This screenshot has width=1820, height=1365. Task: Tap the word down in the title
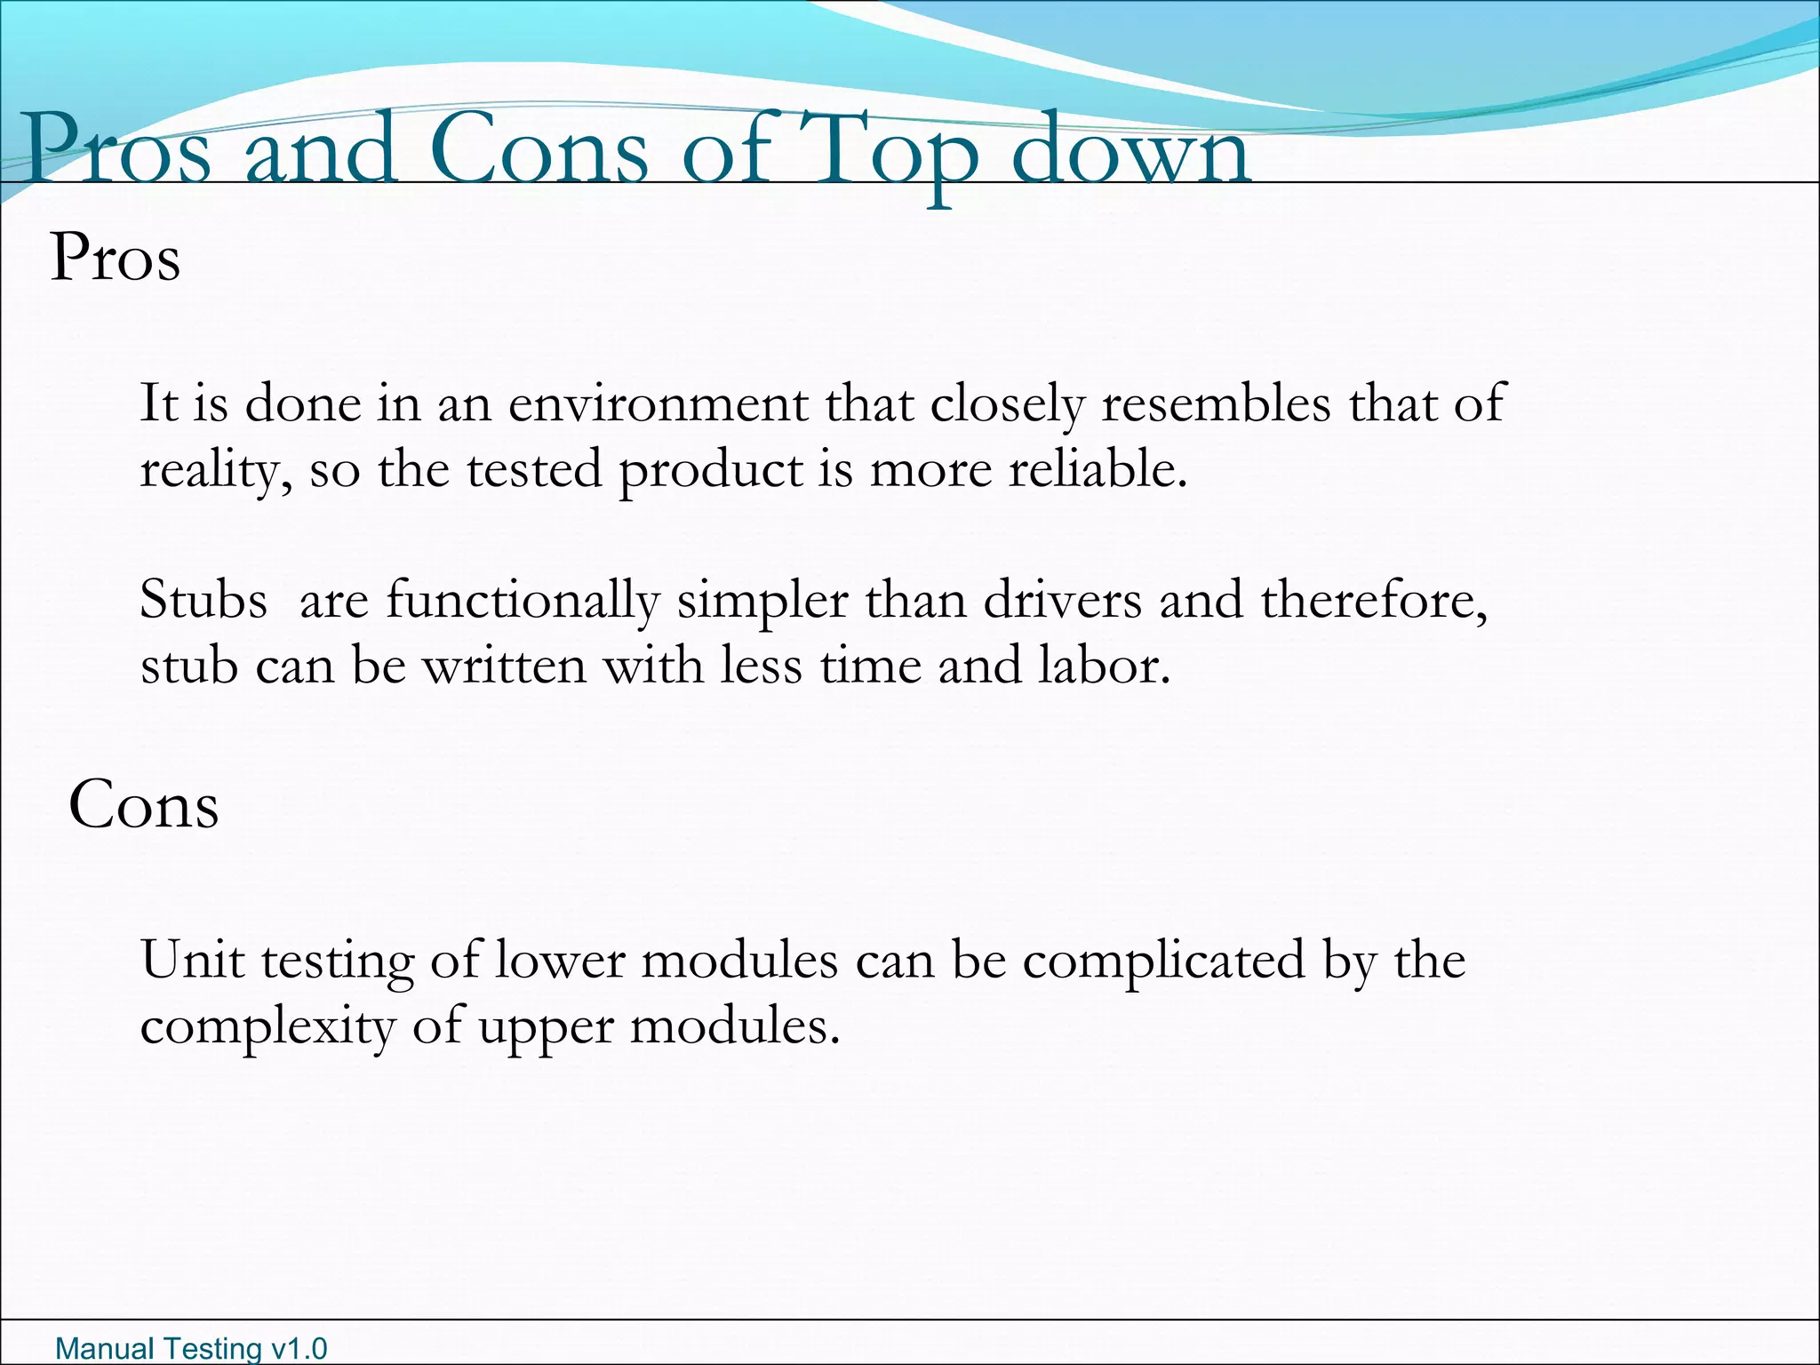pos(1131,149)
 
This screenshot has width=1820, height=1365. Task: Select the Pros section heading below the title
pos(116,259)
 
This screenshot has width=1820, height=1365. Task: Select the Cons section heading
pos(144,805)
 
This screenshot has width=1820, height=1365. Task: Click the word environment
pos(658,403)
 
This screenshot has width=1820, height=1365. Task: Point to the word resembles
pos(1217,403)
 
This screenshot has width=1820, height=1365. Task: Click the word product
pos(710,471)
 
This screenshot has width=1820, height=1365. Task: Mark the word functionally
pos(523,602)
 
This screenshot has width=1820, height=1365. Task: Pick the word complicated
pos(1164,962)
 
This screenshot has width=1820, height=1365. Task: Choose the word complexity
pos(267,1029)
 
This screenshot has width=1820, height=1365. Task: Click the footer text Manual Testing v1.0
pos(191,1348)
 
